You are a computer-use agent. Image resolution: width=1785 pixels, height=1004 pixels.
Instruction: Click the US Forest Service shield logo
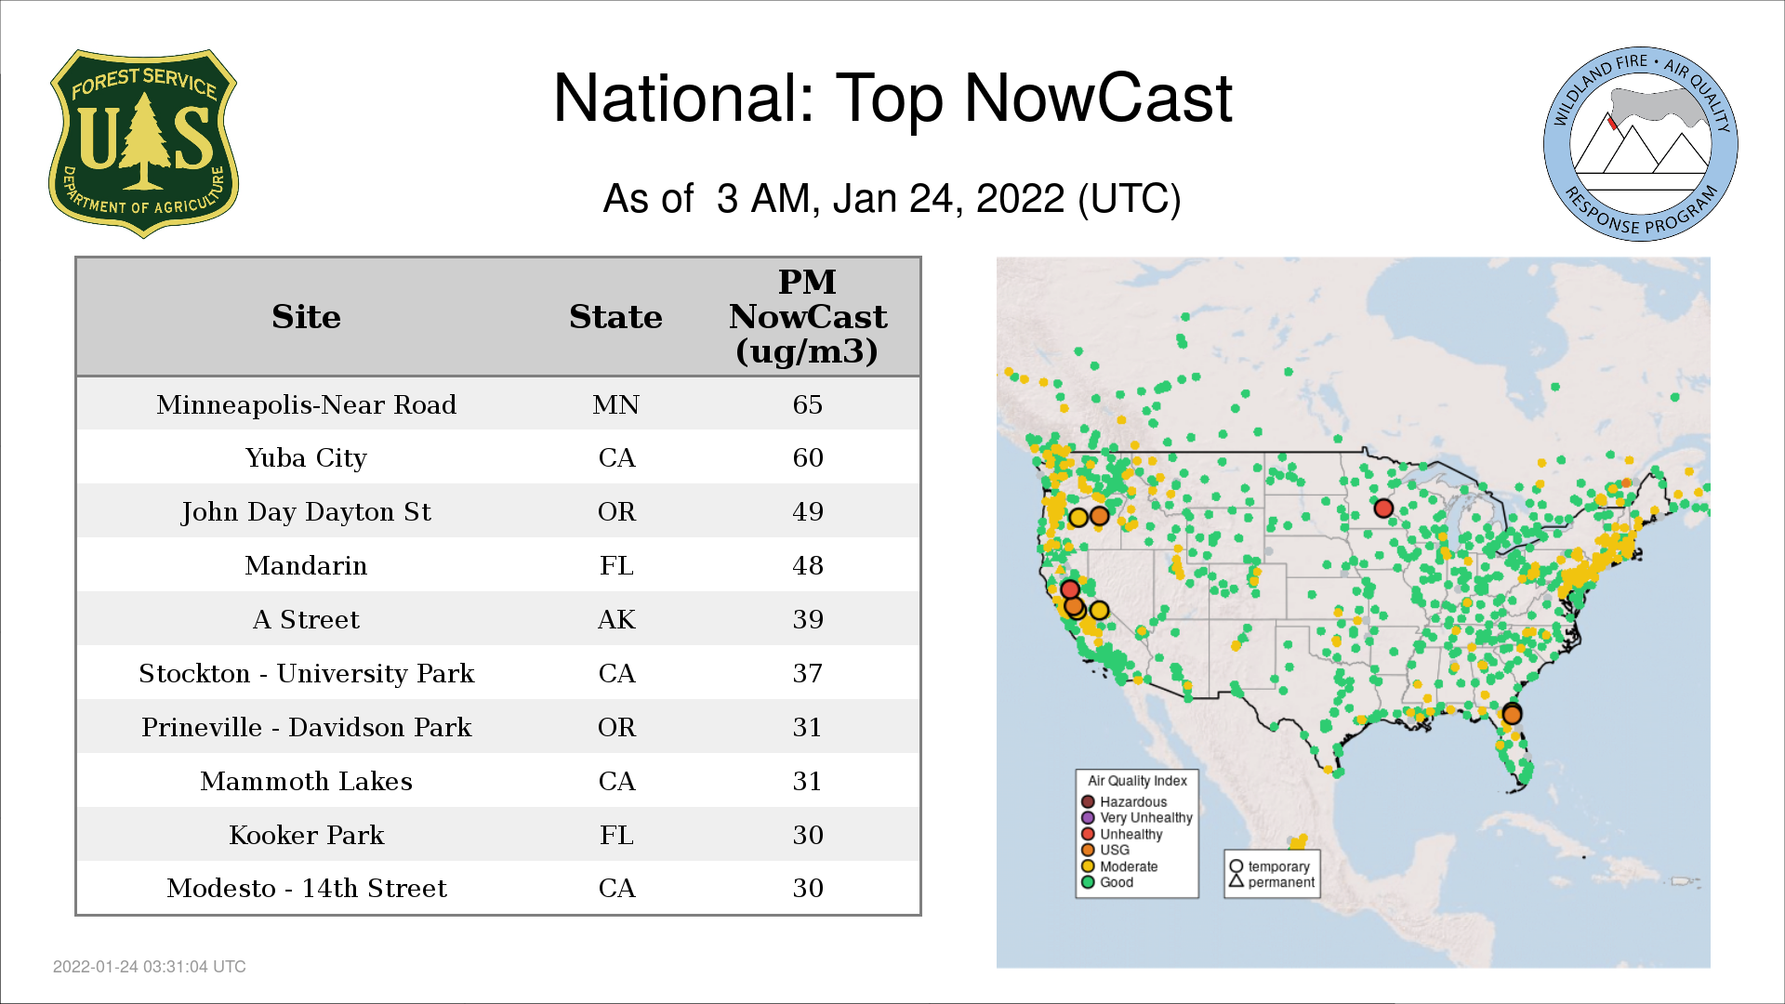[143, 144]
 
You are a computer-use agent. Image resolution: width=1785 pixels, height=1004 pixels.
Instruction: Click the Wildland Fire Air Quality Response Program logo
[1641, 144]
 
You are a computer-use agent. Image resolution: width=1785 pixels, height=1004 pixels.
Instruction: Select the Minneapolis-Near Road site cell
[307, 404]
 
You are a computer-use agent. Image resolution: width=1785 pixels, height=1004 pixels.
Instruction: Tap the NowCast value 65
[808, 404]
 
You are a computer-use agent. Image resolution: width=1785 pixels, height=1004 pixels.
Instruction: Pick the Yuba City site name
[307, 458]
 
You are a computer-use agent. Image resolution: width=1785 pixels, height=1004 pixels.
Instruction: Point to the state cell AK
[616, 619]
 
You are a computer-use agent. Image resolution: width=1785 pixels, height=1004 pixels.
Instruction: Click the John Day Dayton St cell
[307, 512]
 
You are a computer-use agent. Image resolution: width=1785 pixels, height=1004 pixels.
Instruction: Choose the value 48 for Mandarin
[808, 565]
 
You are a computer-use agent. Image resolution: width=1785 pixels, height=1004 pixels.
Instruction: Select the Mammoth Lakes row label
[307, 781]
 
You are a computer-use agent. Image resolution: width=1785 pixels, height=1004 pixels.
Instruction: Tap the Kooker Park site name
[307, 835]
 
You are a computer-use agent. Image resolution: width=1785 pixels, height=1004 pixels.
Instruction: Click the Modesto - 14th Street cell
[307, 888]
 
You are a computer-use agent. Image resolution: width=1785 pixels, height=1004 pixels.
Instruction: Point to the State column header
[615, 317]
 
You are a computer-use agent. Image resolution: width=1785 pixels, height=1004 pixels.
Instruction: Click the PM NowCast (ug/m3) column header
[808, 316]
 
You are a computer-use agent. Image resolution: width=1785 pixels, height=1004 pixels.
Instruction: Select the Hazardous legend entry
[1124, 801]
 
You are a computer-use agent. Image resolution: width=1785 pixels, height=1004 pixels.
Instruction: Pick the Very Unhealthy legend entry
[1137, 818]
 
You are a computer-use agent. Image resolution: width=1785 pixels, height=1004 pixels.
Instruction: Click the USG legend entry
[1105, 850]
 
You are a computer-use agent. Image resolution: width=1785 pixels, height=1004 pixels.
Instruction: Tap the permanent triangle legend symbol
[1236, 880]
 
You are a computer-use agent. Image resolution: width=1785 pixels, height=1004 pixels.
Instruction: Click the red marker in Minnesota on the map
[1383, 508]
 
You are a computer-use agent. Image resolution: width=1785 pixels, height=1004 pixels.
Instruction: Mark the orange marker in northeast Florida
[1512, 714]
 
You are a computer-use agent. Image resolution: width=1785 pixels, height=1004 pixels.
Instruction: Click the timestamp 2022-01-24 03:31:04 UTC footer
[150, 967]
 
